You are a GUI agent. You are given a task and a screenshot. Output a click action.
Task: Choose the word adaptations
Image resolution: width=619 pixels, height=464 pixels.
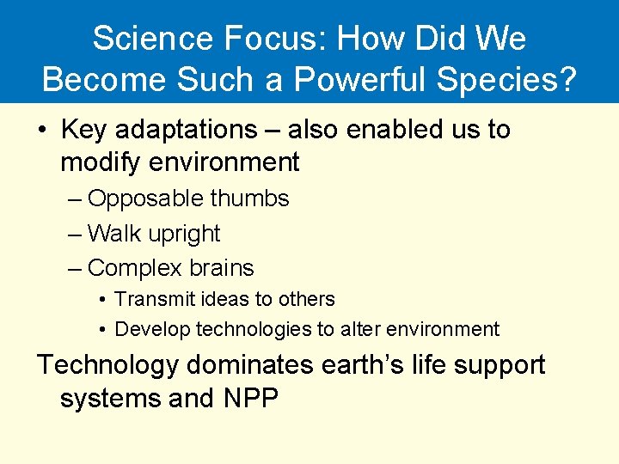pyautogui.click(x=186, y=130)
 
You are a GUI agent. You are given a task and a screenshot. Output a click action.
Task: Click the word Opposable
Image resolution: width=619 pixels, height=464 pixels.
pyautogui.click(x=146, y=198)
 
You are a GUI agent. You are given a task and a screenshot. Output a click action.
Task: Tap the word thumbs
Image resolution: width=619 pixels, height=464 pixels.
pyautogui.click(x=250, y=198)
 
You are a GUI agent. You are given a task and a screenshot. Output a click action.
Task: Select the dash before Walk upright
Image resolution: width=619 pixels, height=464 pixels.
pyautogui.click(x=75, y=234)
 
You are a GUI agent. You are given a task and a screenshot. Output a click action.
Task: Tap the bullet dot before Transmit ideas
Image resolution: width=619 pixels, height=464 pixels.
pyautogui.click(x=102, y=300)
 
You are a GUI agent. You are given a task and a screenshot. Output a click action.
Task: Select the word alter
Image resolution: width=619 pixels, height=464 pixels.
pyautogui.click(x=359, y=329)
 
